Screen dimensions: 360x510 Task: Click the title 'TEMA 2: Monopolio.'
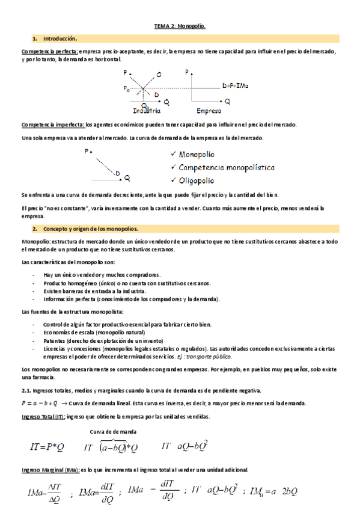point(180,26)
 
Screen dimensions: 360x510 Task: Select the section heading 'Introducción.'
point(61,38)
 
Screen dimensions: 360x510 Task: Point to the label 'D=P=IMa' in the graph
point(235,86)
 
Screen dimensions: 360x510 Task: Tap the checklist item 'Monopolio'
point(197,155)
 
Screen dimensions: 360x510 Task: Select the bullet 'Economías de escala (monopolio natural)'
point(94,332)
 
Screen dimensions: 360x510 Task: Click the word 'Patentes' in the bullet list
point(54,340)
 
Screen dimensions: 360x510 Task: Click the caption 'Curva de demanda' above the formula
point(113,432)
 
